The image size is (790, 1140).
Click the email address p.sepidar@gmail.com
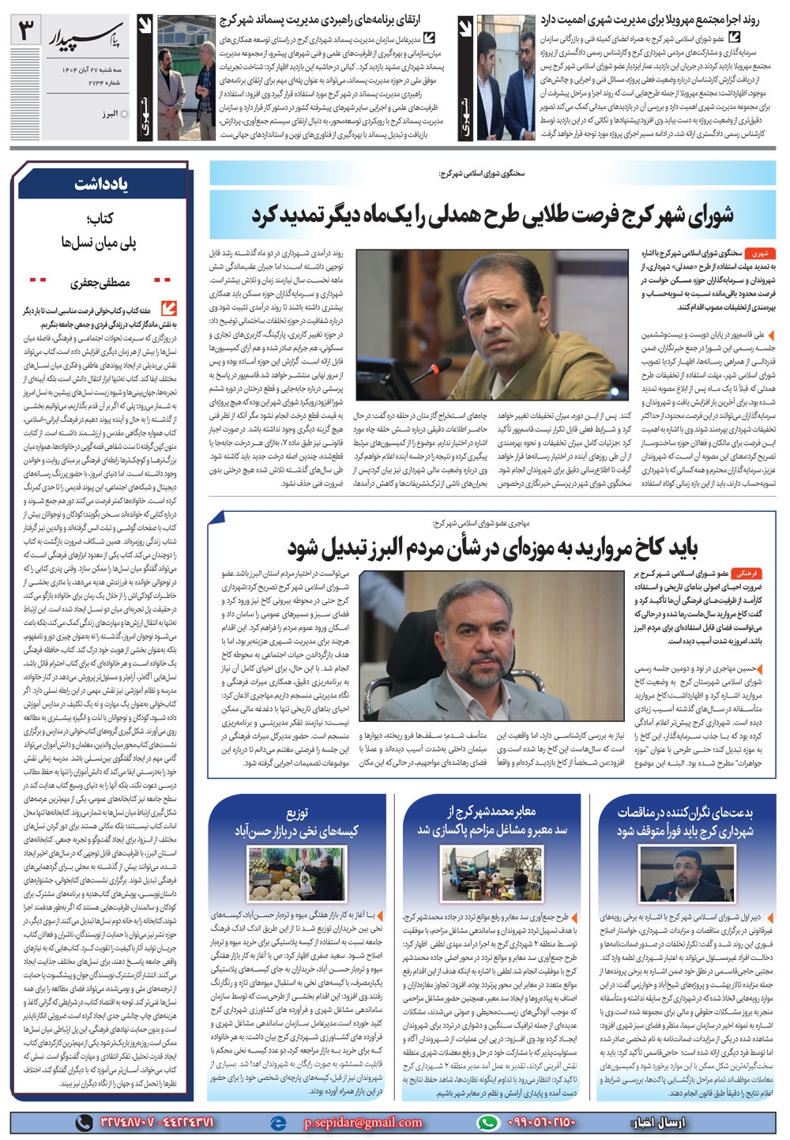pos(363,1122)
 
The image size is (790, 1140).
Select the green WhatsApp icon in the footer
pos(489,1123)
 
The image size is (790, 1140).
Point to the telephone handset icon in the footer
pos(84,1123)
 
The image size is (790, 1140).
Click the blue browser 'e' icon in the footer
pos(277,1123)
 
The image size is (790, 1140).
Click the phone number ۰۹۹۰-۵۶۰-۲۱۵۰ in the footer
pos(539,1123)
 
